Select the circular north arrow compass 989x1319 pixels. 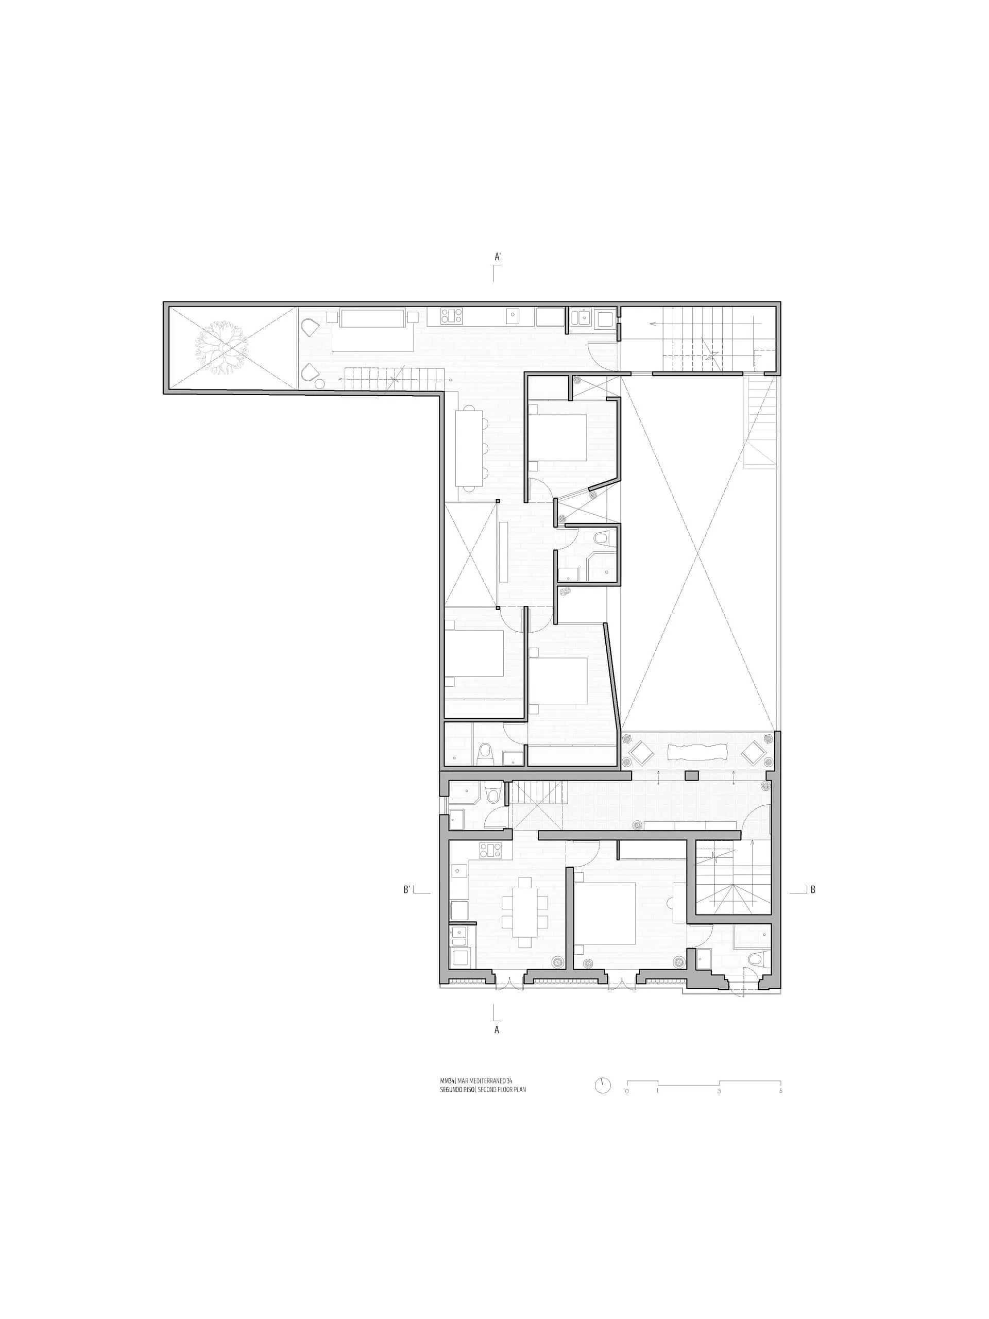click(x=603, y=1085)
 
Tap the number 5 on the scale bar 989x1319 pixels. click(x=780, y=1091)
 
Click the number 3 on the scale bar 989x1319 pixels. click(x=719, y=1091)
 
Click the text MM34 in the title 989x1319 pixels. click(x=447, y=1080)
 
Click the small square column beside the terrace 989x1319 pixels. click(x=691, y=775)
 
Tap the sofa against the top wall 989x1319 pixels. click(x=372, y=329)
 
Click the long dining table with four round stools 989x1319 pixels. click(x=469, y=448)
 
